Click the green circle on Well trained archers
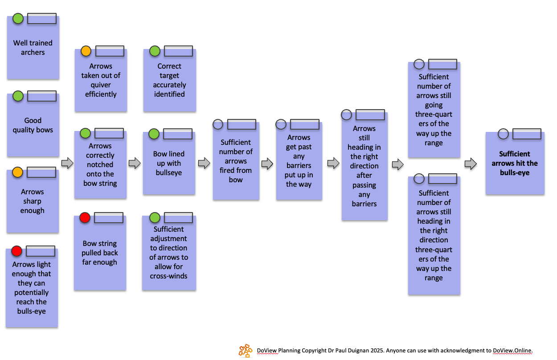(x=18, y=19)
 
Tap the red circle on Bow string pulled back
(x=85, y=218)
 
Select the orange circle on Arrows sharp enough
(x=17, y=172)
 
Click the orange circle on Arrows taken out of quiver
(x=86, y=51)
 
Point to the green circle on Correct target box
(x=155, y=51)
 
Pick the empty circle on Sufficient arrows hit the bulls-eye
(x=503, y=134)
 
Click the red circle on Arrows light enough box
(x=17, y=251)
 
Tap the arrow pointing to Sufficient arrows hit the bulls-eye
(x=471, y=164)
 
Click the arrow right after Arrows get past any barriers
(x=333, y=164)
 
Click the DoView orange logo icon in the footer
(x=245, y=351)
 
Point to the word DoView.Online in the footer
(x=512, y=350)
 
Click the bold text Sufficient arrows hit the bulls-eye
(x=515, y=163)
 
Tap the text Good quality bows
(x=33, y=125)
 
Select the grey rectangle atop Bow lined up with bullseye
(x=177, y=134)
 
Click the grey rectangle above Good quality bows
(x=42, y=96)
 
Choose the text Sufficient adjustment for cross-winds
(x=168, y=252)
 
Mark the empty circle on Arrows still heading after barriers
(x=346, y=115)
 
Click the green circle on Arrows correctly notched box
(x=85, y=133)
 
